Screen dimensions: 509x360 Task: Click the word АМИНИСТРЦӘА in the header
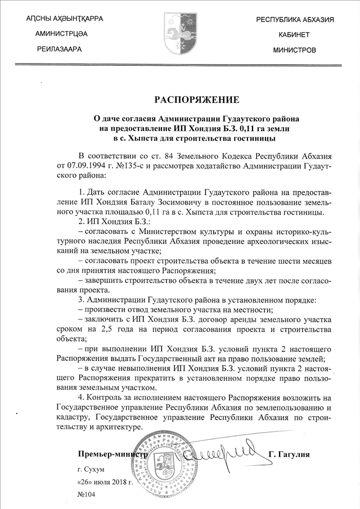click(61, 34)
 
